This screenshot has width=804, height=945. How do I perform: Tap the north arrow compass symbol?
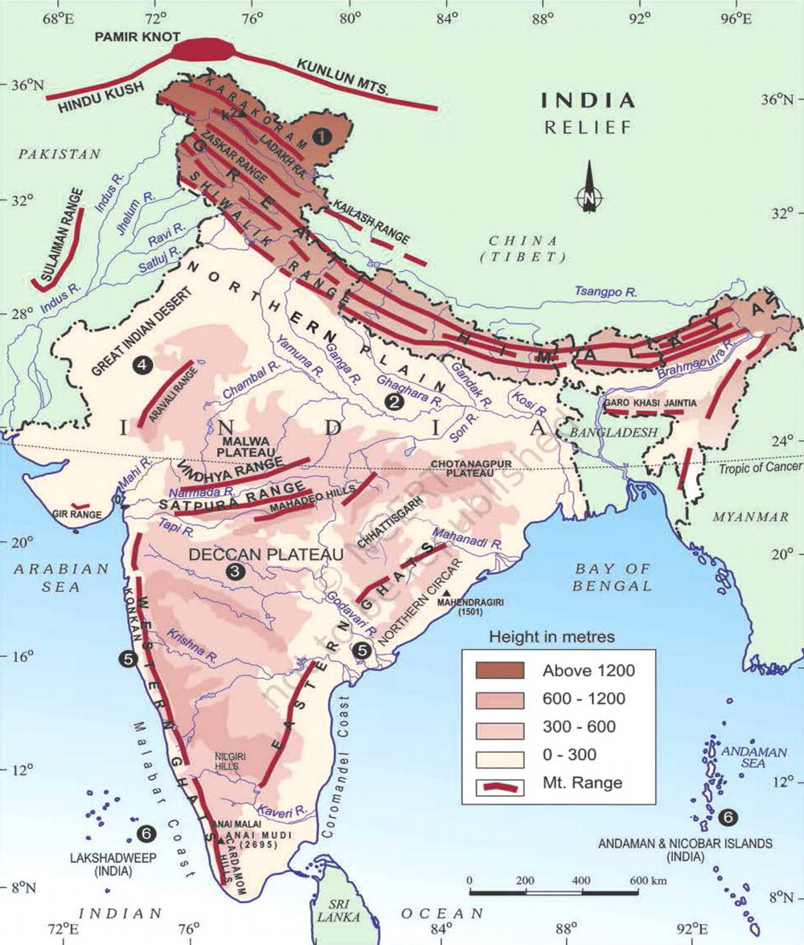pyautogui.click(x=589, y=187)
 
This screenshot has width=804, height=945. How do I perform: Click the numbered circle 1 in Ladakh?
pyautogui.click(x=322, y=137)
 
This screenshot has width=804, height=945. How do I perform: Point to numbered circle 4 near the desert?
pyautogui.click(x=142, y=365)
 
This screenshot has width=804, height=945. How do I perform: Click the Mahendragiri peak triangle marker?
pyautogui.click(x=445, y=591)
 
